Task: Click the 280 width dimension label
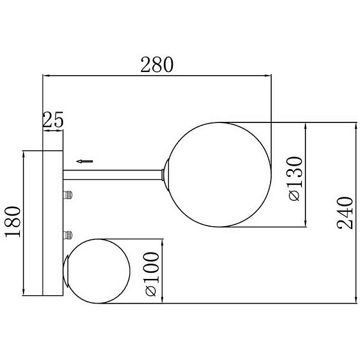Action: tap(157, 65)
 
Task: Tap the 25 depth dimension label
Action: tap(53, 119)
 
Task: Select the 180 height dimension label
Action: tap(13, 222)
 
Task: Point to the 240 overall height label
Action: tap(344, 213)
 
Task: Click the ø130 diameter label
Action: tap(295, 179)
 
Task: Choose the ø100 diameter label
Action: tap(151, 274)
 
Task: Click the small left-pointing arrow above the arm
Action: tap(85, 161)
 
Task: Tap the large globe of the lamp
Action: tap(219, 175)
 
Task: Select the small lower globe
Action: tap(98, 271)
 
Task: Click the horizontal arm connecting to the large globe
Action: tap(113, 175)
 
